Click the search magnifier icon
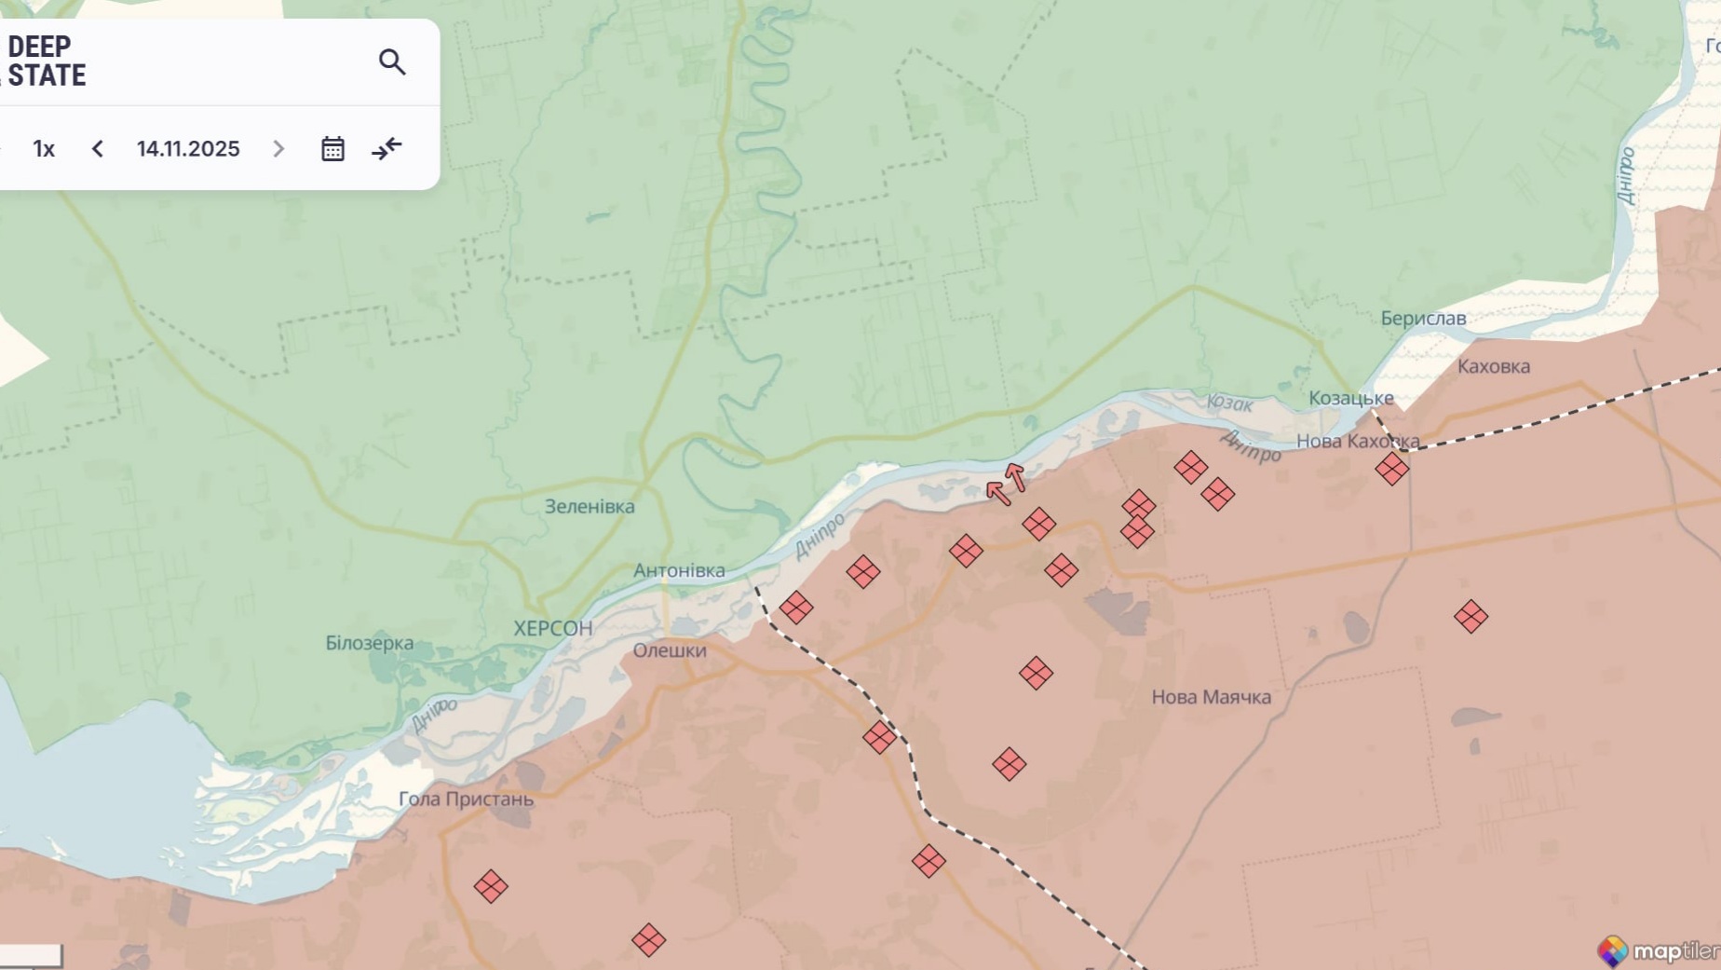(392, 61)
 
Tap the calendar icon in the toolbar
(332, 149)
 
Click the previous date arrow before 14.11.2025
(98, 149)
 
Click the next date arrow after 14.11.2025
(278, 149)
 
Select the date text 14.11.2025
(188, 149)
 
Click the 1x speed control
(44, 149)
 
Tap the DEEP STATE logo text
(47, 61)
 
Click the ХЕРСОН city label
(553, 628)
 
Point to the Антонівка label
(679, 570)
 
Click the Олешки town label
(670, 650)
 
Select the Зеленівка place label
(589, 506)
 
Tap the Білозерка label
(370, 643)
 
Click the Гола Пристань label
(466, 799)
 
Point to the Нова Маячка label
(1211, 697)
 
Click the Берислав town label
(1423, 318)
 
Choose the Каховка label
(1493, 366)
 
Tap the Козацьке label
(1350, 398)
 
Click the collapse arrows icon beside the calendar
(386, 149)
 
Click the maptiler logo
(1658, 950)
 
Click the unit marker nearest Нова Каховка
(1391, 469)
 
